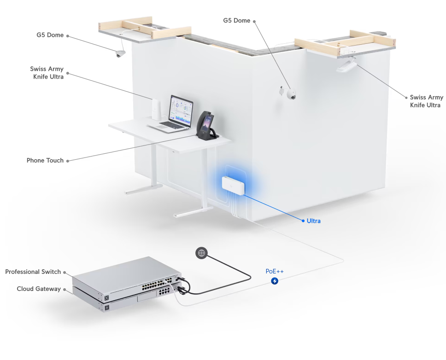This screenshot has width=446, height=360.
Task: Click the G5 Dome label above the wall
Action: click(237, 21)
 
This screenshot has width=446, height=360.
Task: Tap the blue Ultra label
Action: click(313, 221)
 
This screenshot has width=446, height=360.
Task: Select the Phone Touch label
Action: click(45, 161)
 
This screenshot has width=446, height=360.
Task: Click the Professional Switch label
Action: click(33, 272)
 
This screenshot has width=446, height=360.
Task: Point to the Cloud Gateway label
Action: click(39, 289)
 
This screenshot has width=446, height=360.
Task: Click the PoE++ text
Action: click(275, 272)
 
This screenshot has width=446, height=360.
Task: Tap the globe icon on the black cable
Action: click(201, 253)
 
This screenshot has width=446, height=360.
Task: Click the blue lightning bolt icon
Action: click(275, 281)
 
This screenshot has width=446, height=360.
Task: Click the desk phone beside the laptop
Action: click(206, 125)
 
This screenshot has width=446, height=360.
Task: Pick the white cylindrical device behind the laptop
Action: click(156, 110)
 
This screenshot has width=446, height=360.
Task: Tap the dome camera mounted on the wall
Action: click(291, 94)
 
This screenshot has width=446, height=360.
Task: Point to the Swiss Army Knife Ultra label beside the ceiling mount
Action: click(426, 101)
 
